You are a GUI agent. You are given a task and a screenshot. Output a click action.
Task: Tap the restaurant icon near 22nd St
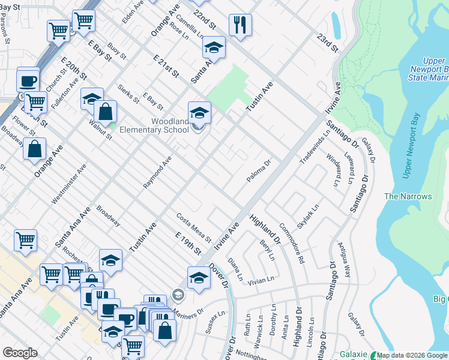tap(240, 25)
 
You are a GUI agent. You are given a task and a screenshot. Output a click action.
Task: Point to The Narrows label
tap(408, 196)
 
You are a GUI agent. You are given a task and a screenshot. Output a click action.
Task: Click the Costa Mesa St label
tap(193, 227)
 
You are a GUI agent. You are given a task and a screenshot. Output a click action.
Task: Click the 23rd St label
tap(329, 43)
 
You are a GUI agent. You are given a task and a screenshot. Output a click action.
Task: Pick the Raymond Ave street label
tap(157, 173)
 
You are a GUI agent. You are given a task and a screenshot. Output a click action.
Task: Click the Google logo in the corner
tap(20, 353)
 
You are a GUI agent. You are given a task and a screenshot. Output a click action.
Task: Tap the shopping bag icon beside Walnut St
tap(105, 112)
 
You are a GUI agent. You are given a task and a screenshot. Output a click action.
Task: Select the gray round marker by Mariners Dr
tap(177, 295)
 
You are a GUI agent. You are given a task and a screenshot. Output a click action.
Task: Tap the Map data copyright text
tap(412, 355)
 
